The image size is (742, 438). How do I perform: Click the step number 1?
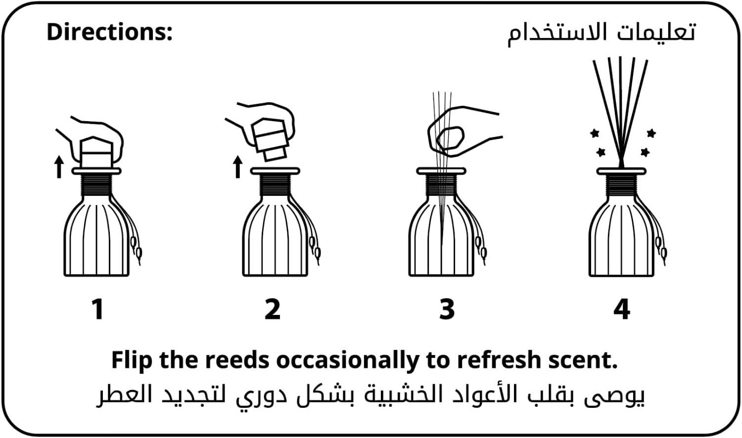(x=98, y=309)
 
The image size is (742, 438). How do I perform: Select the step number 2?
(x=273, y=309)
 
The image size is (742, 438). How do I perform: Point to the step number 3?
(x=447, y=309)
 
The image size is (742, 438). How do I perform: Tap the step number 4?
(x=621, y=309)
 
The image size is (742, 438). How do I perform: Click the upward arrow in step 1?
(x=59, y=167)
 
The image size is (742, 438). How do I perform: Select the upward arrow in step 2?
(x=237, y=167)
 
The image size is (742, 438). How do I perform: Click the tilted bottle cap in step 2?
(x=271, y=139)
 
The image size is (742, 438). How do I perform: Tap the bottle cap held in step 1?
(x=96, y=152)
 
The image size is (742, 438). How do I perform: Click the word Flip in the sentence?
(x=132, y=360)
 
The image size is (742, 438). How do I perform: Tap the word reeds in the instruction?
(x=237, y=360)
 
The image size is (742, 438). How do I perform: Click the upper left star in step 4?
(x=595, y=133)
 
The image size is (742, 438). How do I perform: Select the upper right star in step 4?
(x=651, y=133)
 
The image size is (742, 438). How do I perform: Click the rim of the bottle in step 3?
(x=441, y=171)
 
